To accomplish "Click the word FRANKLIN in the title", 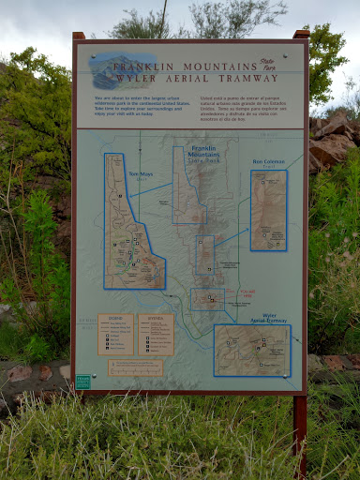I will coord(150,67).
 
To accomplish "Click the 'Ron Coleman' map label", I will coord(268,161).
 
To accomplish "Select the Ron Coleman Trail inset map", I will coord(268,209).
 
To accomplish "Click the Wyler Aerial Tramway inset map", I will coord(251,352).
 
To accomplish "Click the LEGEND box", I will coord(116,334).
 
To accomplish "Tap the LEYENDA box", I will coord(156,334).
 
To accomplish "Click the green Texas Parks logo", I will coord(83,382).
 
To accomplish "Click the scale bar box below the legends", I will coord(136,368).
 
